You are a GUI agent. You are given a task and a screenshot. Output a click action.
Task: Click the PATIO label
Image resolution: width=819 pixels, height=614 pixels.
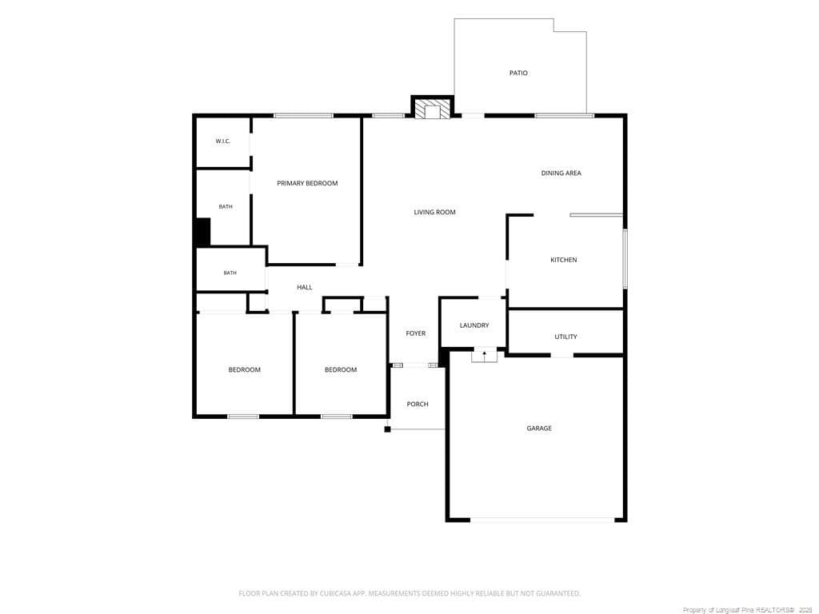tap(518, 73)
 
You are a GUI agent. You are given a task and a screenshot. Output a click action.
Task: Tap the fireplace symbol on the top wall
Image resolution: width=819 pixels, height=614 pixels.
tap(432, 109)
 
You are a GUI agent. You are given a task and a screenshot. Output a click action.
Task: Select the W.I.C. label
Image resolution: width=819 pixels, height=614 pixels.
tap(223, 141)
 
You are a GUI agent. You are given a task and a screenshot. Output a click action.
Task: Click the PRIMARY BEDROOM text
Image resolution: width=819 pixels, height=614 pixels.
tap(307, 183)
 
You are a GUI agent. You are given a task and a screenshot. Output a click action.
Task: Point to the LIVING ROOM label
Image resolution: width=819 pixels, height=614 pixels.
tap(434, 212)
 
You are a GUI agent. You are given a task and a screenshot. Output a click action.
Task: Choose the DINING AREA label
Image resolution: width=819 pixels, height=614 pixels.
tap(561, 173)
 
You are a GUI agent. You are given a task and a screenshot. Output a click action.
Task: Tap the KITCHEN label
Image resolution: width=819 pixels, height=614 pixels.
tap(564, 260)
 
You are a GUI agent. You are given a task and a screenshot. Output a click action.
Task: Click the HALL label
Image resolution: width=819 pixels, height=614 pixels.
tap(305, 287)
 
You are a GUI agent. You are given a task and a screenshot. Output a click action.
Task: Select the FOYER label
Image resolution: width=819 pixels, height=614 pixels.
tap(416, 333)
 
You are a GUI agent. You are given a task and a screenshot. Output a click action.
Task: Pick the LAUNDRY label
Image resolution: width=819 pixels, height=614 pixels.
tap(474, 325)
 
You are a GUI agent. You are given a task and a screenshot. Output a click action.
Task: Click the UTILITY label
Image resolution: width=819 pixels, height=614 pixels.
tap(565, 337)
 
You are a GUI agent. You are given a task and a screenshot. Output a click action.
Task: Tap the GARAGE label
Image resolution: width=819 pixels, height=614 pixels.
tap(539, 429)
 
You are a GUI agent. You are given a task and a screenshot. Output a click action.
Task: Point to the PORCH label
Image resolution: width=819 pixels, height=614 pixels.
tap(417, 404)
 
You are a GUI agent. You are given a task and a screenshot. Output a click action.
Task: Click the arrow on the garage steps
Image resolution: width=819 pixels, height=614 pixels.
tap(484, 356)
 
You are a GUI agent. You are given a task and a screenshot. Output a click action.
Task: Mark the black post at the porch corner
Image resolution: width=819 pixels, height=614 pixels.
tap(388, 429)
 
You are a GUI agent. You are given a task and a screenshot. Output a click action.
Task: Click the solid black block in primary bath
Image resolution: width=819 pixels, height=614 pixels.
tap(202, 233)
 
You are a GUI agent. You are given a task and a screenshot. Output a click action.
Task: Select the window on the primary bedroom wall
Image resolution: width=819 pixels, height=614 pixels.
tap(303, 115)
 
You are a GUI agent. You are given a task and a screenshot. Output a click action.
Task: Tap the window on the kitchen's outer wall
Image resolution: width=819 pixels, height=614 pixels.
tap(625, 259)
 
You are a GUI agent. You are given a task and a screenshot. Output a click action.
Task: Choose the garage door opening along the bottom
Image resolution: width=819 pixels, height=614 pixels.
tap(542, 520)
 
